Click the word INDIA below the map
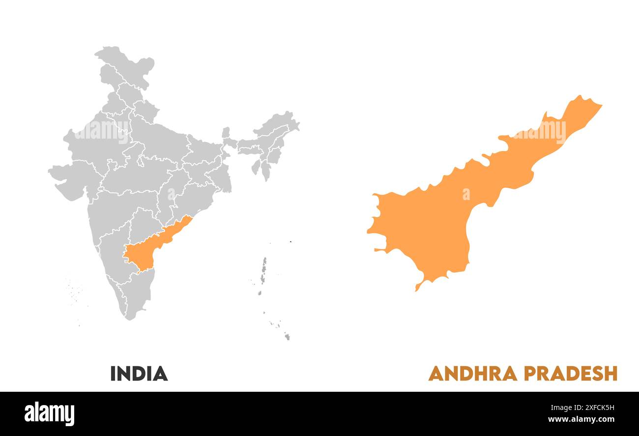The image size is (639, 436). (139, 374)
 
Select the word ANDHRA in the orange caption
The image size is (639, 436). (472, 374)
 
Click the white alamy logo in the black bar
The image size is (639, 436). (49, 413)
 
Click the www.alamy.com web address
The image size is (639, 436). (581, 420)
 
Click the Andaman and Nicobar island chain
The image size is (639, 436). (263, 275)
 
